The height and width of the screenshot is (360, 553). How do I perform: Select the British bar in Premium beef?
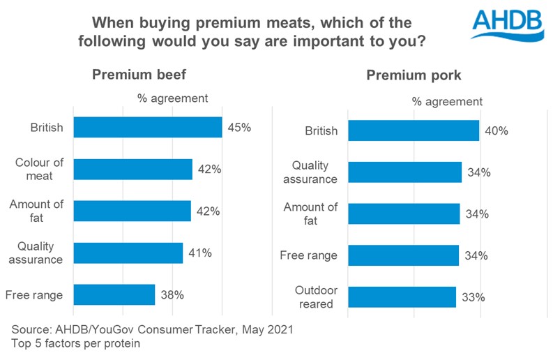click(x=147, y=128)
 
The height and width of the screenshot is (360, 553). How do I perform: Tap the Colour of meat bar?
click(x=132, y=170)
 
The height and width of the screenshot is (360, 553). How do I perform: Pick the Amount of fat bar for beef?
click(x=132, y=211)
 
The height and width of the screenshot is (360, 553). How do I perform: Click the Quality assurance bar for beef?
click(x=128, y=253)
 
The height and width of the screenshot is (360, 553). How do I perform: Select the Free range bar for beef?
click(x=114, y=294)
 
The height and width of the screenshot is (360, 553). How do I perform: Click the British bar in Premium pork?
click(x=414, y=130)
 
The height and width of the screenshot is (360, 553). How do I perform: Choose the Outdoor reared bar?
click(x=402, y=297)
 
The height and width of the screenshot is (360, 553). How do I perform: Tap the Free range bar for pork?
click(x=403, y=255)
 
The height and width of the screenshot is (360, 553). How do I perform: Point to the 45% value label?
click(x=238, y=128)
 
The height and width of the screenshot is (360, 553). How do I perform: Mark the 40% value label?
click(x=496, y=130)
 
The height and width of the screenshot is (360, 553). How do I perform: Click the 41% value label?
click(x=199, y=253)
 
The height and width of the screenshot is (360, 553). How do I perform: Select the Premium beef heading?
click(x=139, y=75)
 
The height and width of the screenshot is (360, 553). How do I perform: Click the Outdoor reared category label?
click(x=315, y=297)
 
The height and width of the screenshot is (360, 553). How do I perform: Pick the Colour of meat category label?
click(x=40, y=170)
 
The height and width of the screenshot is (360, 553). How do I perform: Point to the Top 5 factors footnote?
click(x=77, y=343)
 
